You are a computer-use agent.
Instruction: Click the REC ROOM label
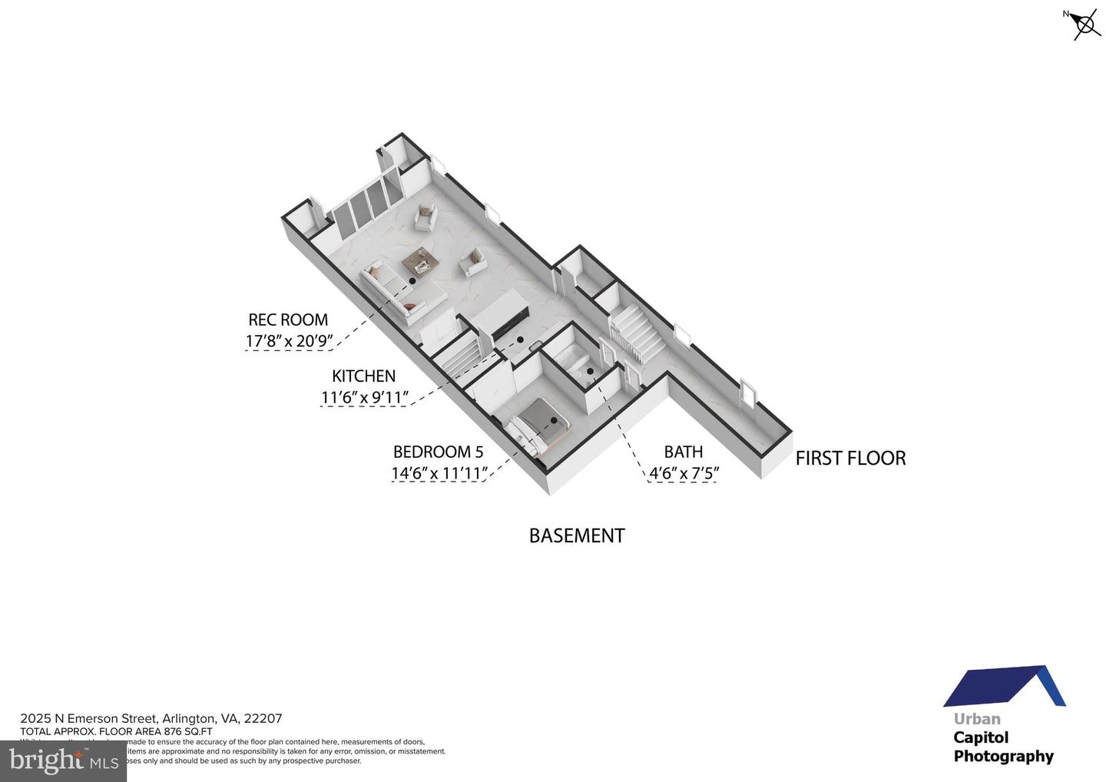click(288, 320)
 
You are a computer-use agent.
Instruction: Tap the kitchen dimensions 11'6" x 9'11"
click(364, 398)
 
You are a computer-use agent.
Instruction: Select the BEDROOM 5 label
click(438, 452)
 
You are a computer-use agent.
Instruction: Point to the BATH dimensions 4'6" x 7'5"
click(684, 473)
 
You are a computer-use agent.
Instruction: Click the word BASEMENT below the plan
click(576, 535)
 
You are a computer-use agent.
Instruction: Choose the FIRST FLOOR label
click(850, 459)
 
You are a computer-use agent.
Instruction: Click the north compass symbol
click(1084, 25)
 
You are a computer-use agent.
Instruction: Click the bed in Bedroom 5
click(542, 424)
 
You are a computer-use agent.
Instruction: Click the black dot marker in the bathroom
click(590, 371)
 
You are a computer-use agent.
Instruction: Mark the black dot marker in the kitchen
click(520, 339)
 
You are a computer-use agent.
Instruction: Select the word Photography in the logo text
click(1003, 756)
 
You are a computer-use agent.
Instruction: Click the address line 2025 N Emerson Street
click(151, 719)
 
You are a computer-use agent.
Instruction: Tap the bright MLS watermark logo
click(63, 760)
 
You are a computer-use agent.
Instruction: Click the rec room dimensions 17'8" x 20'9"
click(287, 341)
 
